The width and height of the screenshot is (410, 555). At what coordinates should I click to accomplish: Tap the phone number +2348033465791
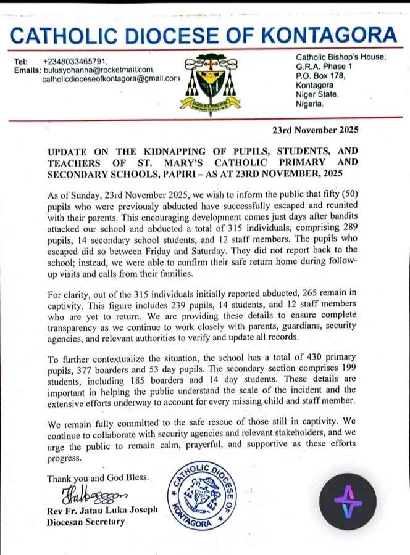click(75, 62)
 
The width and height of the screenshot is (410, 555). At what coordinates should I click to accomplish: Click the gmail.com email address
click(111, 79)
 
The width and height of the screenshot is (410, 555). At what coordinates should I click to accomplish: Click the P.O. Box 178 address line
click(319, 76)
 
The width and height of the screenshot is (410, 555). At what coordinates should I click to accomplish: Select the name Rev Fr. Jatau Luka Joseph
click(102, 510)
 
